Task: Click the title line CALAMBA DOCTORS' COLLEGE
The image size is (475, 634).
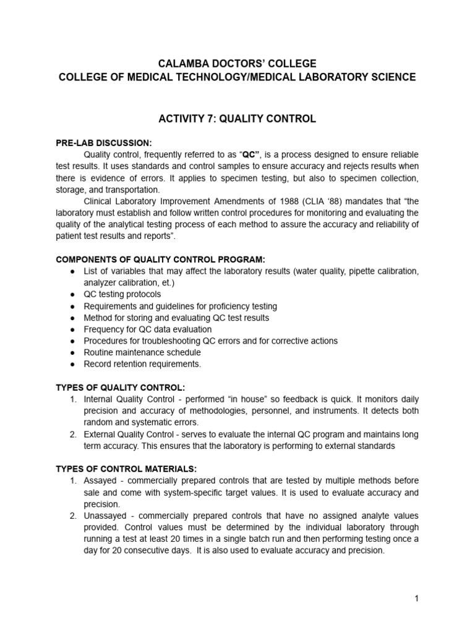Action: (x=237, y=64)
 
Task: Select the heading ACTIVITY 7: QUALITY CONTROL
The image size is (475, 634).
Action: (x=237, y=119)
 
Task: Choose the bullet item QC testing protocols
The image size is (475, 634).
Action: (x=122, y=295)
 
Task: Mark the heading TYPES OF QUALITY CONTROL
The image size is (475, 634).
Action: (x=121, y=388)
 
